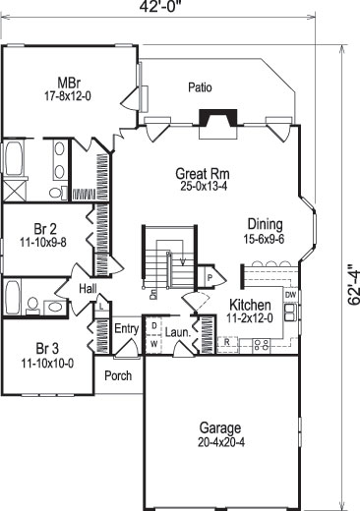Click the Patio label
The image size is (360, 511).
[201, 87]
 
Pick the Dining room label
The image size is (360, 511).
[266, 223]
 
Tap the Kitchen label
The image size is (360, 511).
[250, 305]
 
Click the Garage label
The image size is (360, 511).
[219, 428]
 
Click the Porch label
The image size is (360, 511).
[119, 374]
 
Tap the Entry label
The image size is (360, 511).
[127, 329]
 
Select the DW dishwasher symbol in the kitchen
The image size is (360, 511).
[290, 295]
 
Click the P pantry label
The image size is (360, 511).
[209, 278]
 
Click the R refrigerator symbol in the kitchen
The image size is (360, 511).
[226, 342]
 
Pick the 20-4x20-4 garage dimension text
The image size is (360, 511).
[219, 441]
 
